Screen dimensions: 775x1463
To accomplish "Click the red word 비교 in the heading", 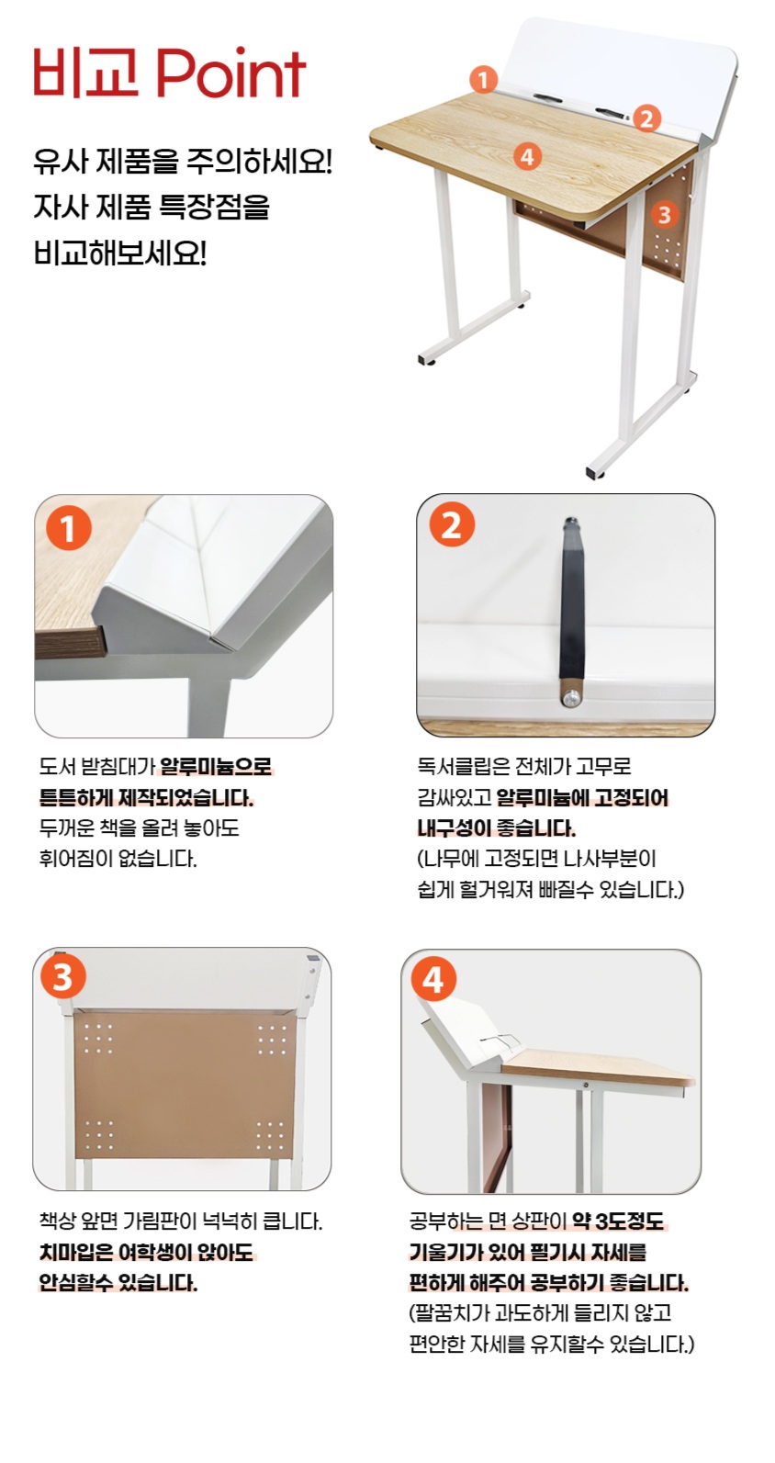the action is pos(87,73).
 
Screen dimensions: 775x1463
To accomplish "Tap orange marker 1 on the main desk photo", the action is pos(483,79).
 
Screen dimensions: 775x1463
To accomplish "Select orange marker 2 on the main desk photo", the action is pos(646,118).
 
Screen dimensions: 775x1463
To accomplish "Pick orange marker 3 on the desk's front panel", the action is pos(664,214).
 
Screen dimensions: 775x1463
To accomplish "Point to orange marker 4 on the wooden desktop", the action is pos(528,156).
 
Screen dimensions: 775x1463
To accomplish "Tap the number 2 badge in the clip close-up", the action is pos(452,525).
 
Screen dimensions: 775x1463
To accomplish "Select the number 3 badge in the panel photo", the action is pos(62,977).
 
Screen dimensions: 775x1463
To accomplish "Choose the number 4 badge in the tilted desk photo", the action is pos(433,980).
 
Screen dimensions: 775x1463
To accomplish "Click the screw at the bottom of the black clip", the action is pos(571,698).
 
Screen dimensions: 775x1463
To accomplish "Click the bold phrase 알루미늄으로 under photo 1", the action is pos(216,766).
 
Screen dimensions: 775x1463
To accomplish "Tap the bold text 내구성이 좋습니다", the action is pos(496,828).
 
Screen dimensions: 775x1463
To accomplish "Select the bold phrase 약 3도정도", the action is pos(618,1221).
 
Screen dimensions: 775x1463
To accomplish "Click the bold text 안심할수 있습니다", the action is pos(118,1283).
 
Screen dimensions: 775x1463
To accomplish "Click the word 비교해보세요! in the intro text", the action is pos(120,253).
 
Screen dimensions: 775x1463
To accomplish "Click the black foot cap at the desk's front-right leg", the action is pos(598,471).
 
